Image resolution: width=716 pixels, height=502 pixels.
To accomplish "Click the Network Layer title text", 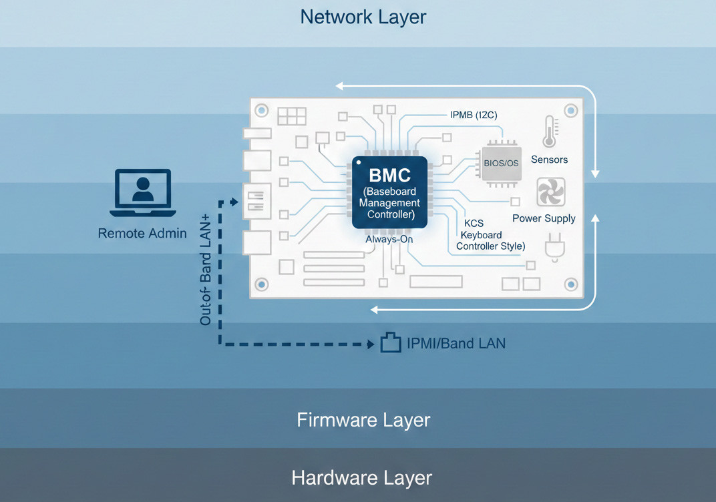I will tap(363, 17).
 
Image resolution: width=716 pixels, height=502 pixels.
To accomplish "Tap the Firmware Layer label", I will tap(363, 420).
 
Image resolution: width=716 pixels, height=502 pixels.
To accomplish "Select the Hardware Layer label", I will tap(361, 478).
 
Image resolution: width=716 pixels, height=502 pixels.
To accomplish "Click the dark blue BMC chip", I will tap(389, 193).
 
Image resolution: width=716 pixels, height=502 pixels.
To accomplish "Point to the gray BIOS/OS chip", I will tap(501, 163).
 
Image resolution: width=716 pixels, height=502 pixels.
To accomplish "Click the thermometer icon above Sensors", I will tap(549, 132).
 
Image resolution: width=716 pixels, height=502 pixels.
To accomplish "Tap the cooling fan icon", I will tap(550, 192).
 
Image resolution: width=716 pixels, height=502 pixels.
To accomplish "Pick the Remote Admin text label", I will tap(142, 233).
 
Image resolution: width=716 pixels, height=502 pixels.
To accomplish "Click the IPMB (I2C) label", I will tap(473, 115).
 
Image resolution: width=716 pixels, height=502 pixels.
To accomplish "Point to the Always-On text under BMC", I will tap(389, 238).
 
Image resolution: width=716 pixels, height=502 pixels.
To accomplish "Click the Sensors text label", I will tap(549, 160).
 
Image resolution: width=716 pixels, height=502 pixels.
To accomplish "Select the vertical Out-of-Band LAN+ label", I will tap(205, 271).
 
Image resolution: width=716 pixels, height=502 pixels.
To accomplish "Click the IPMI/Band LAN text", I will tap(456, 344).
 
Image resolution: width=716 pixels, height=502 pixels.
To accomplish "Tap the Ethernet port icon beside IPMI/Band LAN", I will tap(390, 343).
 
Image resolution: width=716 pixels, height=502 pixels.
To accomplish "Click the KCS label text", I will tap(474, 224).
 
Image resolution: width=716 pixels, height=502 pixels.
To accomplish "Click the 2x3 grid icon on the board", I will tap(291, 116).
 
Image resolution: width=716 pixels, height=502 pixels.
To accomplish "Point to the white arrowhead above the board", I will tap(340, 85).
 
